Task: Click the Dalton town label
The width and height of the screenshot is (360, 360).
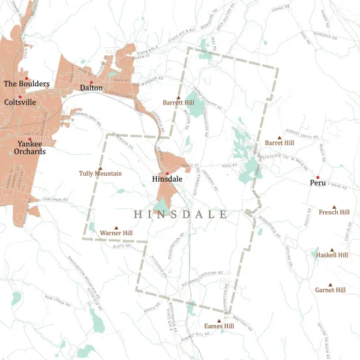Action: (91, 88)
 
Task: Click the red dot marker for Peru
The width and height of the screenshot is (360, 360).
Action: (317, 177)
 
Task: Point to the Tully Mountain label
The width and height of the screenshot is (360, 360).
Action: (100, 173)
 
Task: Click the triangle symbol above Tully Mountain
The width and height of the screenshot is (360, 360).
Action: (100, 167)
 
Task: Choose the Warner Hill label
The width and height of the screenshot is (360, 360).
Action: (116, 232)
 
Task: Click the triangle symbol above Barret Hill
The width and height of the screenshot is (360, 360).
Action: (279, 137)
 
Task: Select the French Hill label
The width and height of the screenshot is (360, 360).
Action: (334, 212)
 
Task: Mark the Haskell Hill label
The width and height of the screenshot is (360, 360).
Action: (332, 255)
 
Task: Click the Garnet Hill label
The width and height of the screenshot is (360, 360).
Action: (330, 290)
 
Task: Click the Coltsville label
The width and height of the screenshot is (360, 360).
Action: (20, 102)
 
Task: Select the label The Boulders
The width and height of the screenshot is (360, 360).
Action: (26, 84)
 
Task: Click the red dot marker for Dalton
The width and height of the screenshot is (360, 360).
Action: (91, 82)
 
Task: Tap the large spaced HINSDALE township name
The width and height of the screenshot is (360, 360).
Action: (180, 214)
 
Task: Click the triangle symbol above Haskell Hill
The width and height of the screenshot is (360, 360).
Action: (332, 249)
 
